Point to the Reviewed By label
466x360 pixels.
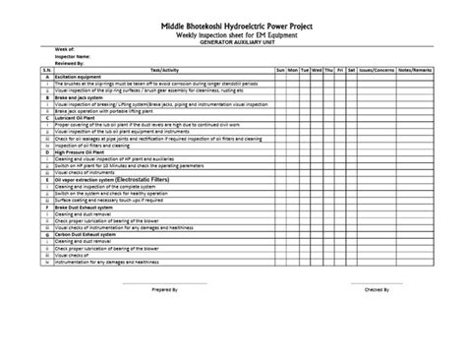click(x=71, y=63)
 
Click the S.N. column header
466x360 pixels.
click(x=46, y=72)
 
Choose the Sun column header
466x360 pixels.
click(x=280, y=72)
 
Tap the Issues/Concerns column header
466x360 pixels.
click(x=378, y=72)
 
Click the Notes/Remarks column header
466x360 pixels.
click(x=414, y=72)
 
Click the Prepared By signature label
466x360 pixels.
click(x=165, y=292)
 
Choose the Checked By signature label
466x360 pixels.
click(x=378, y=292)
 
